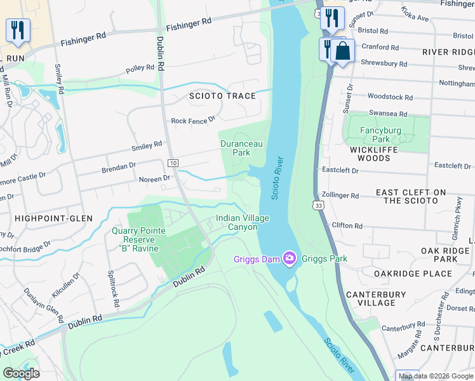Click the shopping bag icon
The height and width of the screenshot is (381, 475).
coord(342,51)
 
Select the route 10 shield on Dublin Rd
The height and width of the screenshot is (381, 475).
coord(173,163)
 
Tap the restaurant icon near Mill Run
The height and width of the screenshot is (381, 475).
coord(18,30)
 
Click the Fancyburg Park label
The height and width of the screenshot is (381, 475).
coord(375,135)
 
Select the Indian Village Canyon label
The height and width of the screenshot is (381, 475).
coord(243,222)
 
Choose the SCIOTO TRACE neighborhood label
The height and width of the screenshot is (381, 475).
coord(222,96)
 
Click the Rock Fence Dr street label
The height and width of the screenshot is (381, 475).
coord(193,120)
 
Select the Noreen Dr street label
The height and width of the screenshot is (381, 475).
coord(154,179)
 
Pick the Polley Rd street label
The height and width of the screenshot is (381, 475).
coord(140,68)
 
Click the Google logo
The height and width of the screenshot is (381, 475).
coord(21,373)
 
